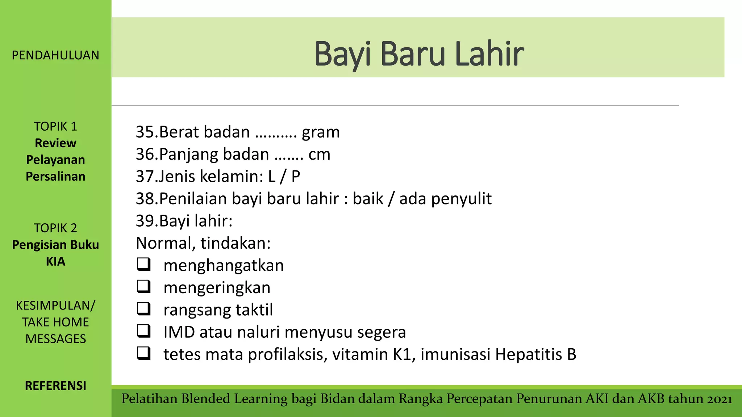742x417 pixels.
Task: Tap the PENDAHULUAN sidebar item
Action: [x=55, y=55]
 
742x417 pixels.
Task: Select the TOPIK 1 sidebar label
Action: [x=55, y=126]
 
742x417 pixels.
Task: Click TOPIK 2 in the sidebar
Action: [x=55, y=228]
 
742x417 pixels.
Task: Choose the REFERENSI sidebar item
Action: [x=55, y=386]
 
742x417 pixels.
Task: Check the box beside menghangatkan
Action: [x=144, y=264]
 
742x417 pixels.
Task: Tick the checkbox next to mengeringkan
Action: [x=144, y=286]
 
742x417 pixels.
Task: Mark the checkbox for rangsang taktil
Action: [x=144, y=309]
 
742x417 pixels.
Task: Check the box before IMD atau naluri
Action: [x=144, y=331]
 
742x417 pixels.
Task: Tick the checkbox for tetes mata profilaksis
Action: [x=144, y=353]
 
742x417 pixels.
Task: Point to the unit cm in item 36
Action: [x=319, y=155]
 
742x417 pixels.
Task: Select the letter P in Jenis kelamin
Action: [x=296, y=177]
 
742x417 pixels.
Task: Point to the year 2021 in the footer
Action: [x=719, y=399]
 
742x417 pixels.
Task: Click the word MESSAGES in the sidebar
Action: [x=55, y=339]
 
